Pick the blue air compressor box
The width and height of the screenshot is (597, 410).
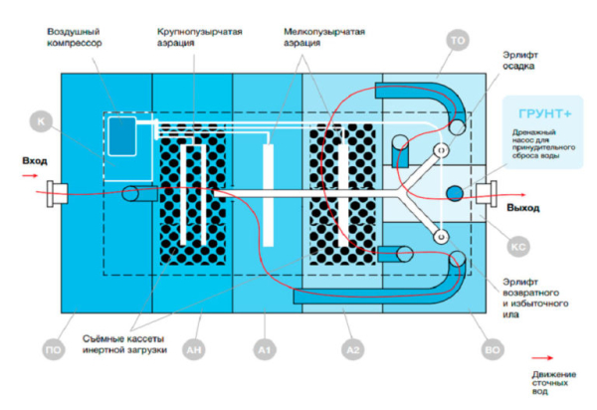pyautogui.click(x=123, y=136)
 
